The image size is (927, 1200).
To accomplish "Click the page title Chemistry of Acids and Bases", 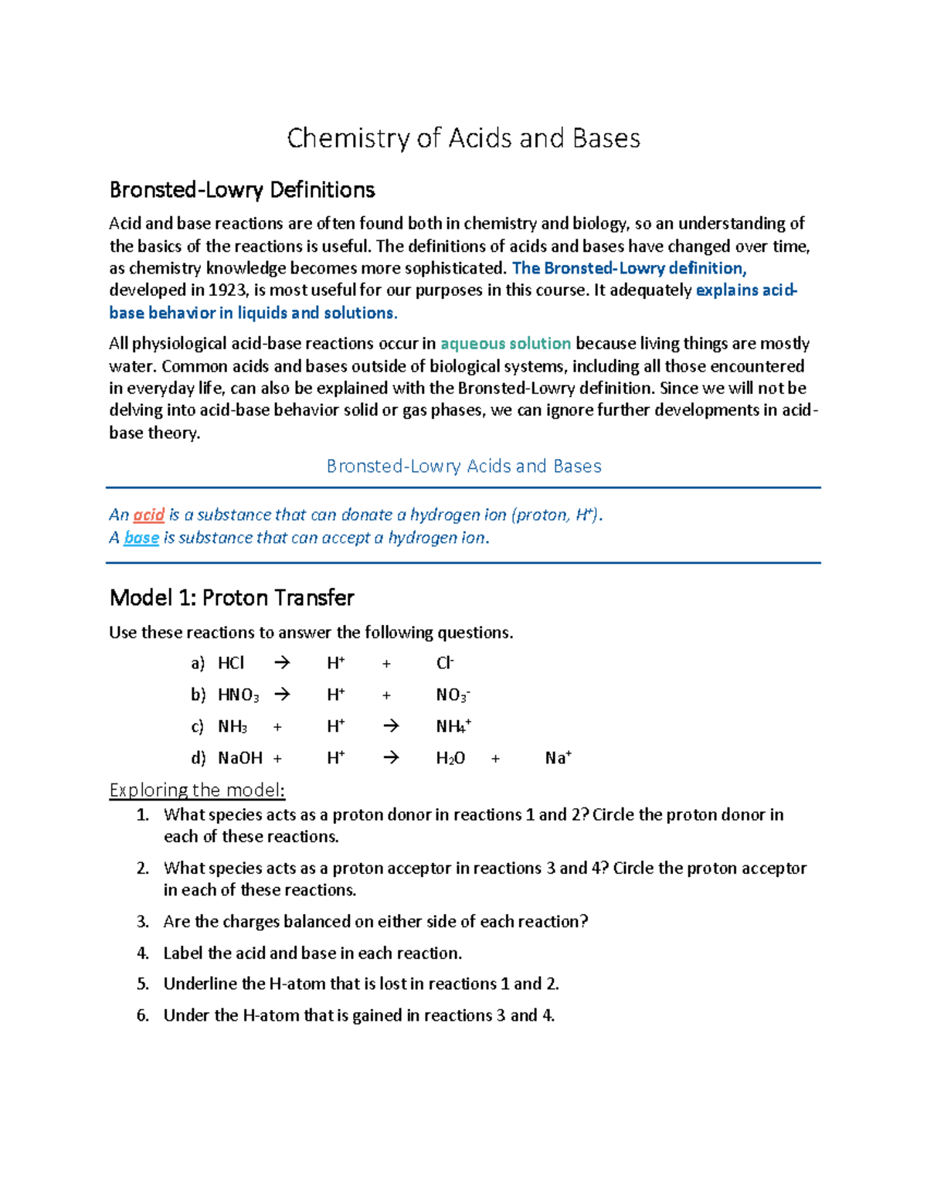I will click(463, 138).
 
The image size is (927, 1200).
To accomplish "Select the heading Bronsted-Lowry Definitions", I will click(242, 190).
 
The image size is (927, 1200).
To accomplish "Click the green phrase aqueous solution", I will click(505, 344).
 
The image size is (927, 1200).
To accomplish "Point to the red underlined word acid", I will click(148, 515).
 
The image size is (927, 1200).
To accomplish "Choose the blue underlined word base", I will click(141, 538).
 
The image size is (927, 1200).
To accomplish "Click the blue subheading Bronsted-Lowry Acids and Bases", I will click(463, 467).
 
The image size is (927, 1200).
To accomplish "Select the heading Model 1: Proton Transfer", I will click(232, 598).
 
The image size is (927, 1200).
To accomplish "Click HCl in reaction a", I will click(230, 663).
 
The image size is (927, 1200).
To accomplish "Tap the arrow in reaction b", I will click(282, 695).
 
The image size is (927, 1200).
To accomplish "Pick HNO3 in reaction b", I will click(238, 695).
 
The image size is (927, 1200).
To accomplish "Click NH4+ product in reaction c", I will click(453, 726).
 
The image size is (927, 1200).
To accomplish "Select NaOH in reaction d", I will click(240, 758).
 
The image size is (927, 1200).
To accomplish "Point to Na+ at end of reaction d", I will click(558, 758).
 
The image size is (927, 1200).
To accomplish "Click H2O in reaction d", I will click(450, 758).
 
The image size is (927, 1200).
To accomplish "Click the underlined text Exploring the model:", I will click(197, 790).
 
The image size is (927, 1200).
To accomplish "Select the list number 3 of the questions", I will click(142, 922).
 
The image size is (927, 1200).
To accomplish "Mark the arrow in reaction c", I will click(391, 726).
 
